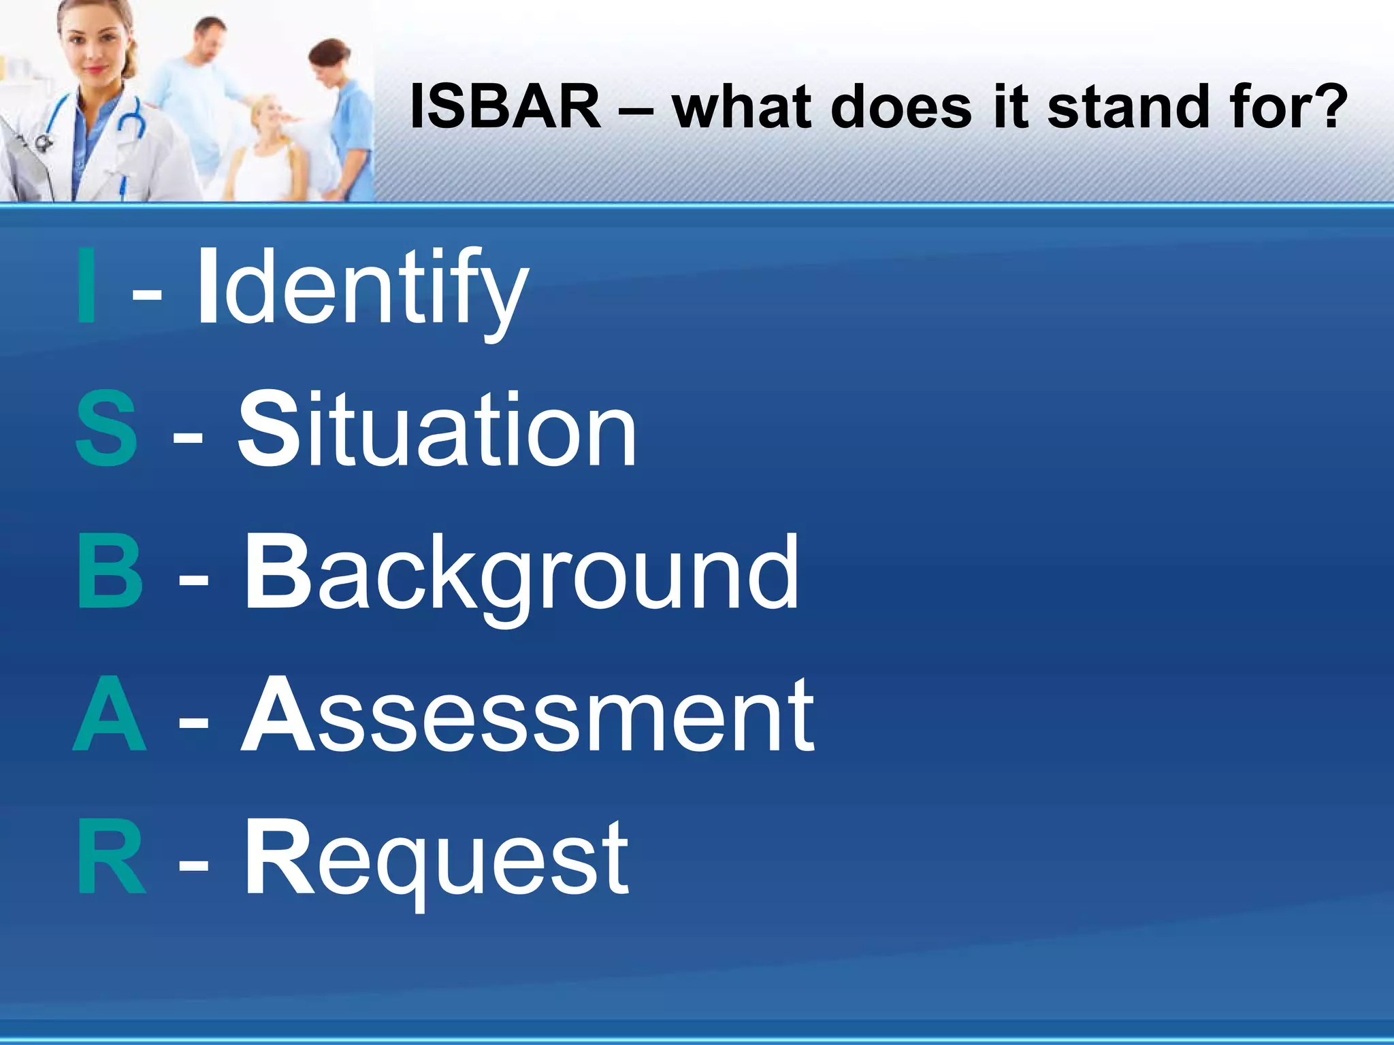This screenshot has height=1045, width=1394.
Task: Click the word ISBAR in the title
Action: [506, 107]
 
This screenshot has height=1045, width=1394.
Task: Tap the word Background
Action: [521, 575]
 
